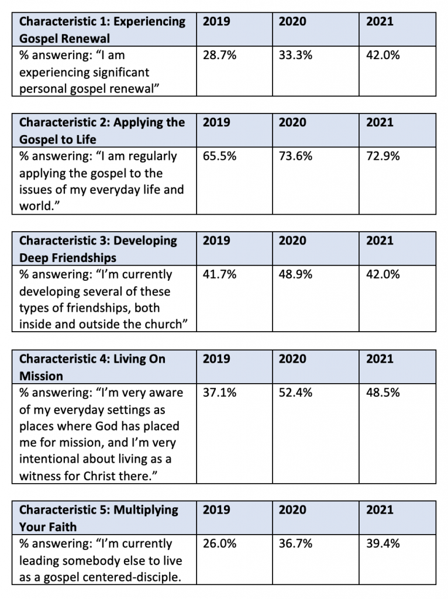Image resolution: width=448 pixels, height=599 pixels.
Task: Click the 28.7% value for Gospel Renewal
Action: pos(219,56)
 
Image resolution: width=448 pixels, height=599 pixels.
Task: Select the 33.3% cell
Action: pos(295,56)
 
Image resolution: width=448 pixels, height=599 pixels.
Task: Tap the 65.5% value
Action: pos(219,156)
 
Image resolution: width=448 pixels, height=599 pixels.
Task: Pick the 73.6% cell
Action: pos(295,156)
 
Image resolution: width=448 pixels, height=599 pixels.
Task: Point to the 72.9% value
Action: pos(383,156)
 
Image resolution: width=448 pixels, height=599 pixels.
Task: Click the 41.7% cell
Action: pos(219,274)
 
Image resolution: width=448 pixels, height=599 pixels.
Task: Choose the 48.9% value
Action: pos(295,274)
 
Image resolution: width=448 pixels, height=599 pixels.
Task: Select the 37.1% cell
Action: pos(219,393)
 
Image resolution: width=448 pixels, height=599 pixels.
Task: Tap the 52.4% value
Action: pos(295,393)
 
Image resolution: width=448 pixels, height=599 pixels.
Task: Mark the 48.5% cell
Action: pos(383,393)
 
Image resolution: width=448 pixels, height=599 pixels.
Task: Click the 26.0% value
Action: pos(219,543)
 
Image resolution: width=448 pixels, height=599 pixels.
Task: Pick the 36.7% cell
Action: pos(295,543)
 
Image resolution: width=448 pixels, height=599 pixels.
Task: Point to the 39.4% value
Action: pos(383,543)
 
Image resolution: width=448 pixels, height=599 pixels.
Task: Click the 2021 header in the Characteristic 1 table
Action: pos(380,22)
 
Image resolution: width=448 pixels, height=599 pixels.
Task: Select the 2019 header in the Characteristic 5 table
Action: pos(216,510)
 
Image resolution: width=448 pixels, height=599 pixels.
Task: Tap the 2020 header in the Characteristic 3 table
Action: pos(292,240)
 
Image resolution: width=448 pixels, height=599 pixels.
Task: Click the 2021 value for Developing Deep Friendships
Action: pos(383,274)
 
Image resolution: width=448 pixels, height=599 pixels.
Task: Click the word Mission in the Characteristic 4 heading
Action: pos(41,376)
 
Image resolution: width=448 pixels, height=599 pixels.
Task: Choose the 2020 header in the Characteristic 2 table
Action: pos(292,122)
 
